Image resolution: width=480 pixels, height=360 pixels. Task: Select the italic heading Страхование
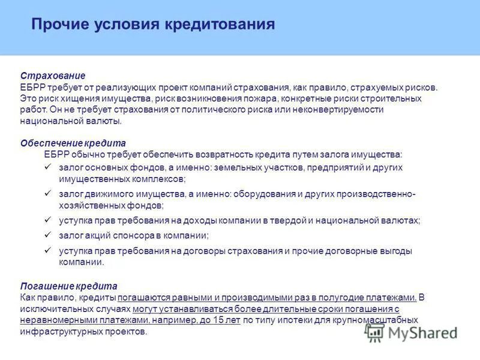pyautogui.click(x=53, y=76)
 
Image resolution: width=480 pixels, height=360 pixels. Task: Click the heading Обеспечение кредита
pyautogui.click(x=73, y=143)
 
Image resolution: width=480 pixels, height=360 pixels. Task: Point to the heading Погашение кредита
pyautogui.click(x=68, y=286)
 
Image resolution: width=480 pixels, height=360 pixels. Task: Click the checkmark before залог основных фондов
pyautogui.click(x=49, y=167)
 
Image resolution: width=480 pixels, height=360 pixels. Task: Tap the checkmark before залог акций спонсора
pyautogui.click(x=49, y=235)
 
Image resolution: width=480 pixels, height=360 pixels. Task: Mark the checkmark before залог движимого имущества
pyautogui.click(x=49, y=194)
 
